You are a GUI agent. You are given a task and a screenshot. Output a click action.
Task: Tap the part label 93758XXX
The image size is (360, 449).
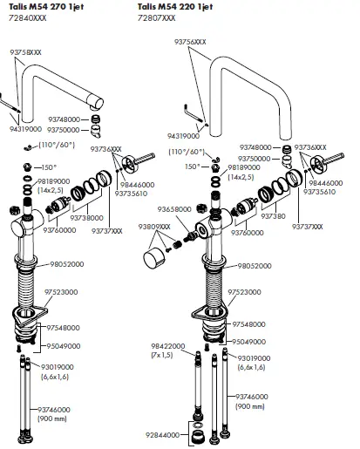click(26, 53)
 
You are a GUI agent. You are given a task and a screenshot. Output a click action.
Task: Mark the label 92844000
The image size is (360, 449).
click(162, 433)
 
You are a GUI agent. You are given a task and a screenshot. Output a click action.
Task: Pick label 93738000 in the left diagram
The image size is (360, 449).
click(86, 217)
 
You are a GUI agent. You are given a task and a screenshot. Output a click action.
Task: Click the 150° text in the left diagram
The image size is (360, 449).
click(49, 167)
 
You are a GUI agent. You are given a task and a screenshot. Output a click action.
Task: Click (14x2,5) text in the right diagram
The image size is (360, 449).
click(242, 176)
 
